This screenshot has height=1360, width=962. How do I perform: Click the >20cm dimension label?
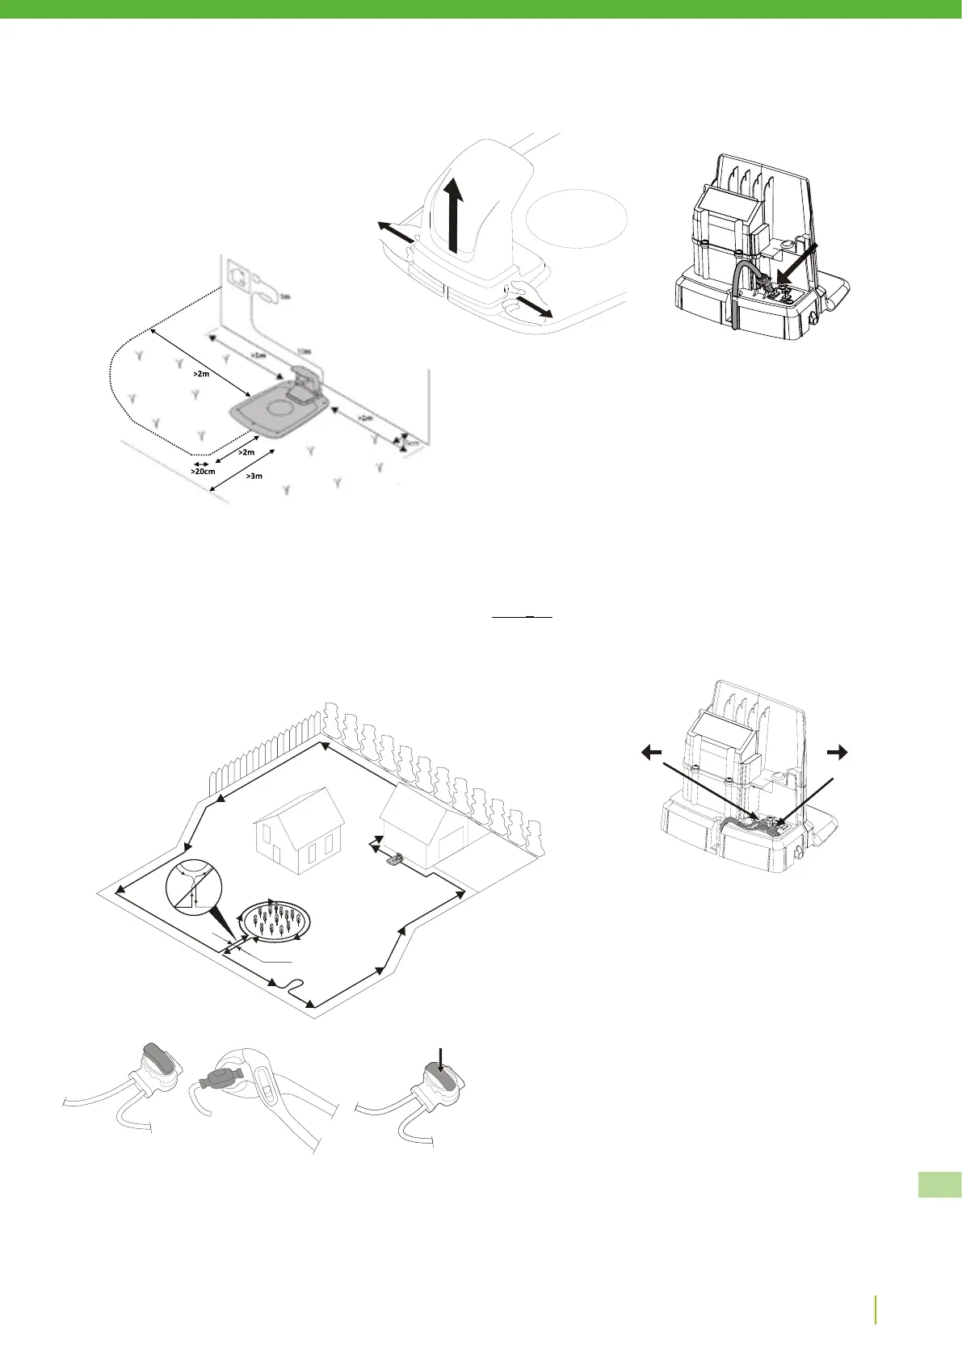[x=202, y=471]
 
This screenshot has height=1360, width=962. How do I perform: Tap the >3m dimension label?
[x=254, y=476]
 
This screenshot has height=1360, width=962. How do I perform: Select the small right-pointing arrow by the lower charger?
[x=838, y=752]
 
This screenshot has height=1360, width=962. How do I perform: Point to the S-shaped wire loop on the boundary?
[x=290, y=988]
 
